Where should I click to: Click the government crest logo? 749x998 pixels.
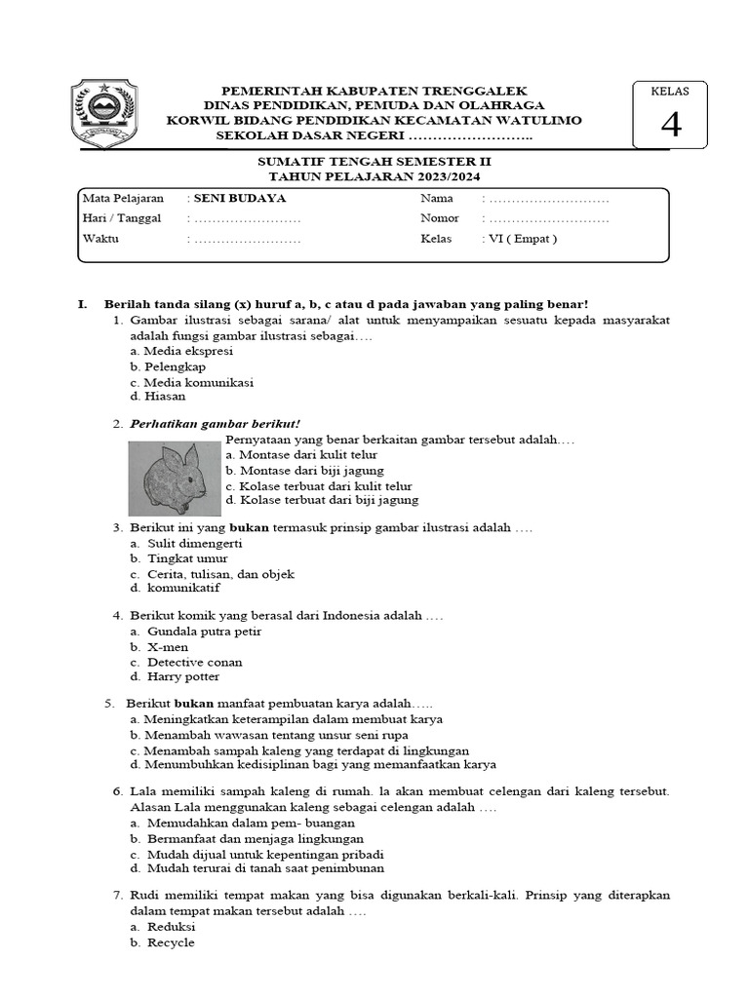pos(105,114)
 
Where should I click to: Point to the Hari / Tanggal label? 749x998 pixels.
pos(122,218)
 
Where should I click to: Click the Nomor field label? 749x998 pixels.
pos(440,218)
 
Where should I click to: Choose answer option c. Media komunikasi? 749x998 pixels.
pos(191,382)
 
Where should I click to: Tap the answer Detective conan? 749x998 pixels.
pos(194,662)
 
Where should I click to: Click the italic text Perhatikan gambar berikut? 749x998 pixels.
pos(215,424)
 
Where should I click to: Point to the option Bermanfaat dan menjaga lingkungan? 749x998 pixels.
pos(255,838)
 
